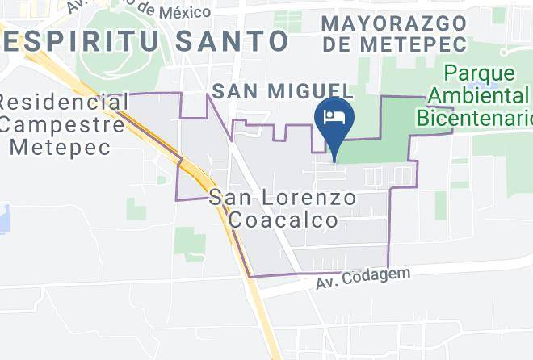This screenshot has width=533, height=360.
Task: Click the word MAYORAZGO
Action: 393,22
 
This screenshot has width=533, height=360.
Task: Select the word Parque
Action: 477,73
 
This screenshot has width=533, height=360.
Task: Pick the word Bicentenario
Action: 475,119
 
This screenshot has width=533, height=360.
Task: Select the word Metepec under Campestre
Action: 63,148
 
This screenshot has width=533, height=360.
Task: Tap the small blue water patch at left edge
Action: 3,217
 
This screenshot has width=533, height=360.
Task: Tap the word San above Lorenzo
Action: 232,197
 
